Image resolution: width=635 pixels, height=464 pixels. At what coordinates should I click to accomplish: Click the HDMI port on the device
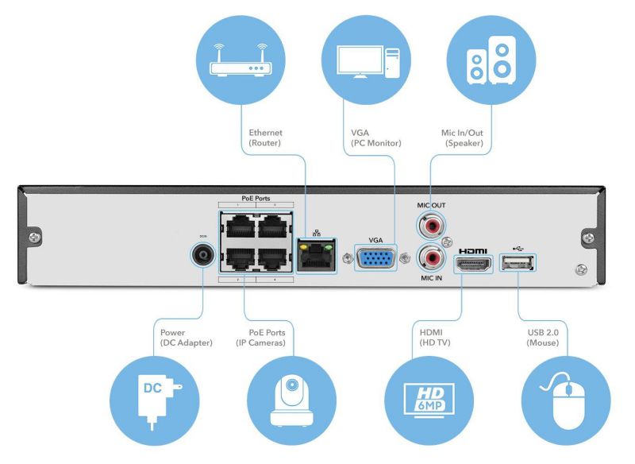click(x=475, y=265)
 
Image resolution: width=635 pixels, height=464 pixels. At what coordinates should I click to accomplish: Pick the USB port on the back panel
click(x=518, y=262)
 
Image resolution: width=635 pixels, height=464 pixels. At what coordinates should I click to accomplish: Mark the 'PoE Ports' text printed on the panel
click(x=256, y=197)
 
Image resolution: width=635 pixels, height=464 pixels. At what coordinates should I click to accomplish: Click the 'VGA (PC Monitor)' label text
click(x=375, y=138)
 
